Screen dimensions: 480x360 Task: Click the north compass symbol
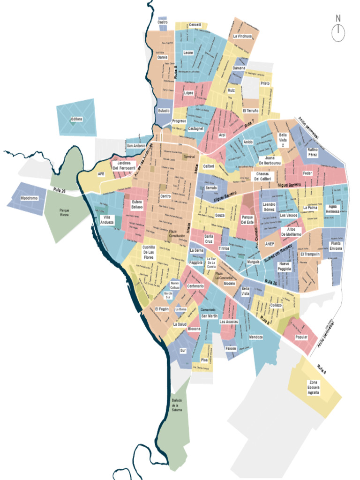click(x=338, y=32)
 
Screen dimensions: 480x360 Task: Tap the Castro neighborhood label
click(x=163, y=22)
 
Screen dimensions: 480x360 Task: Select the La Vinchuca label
click(x=242, y=36)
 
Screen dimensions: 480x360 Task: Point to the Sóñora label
click(x=76, y=119)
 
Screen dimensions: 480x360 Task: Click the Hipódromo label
click(x=29, y=198)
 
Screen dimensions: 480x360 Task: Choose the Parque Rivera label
click(x=64, y=213)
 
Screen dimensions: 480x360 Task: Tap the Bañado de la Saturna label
click(x=177, y=405)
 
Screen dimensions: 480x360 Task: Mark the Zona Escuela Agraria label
click(x=313, y=387)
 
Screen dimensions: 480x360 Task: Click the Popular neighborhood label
click(x=301, y=337)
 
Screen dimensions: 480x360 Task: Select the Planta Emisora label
click(x=336, y=246)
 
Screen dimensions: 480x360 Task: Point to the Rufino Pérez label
click(x=313, y=152)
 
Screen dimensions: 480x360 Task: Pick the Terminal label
click(x=189, y=157)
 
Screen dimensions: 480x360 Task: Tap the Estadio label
click(x=164, y=111)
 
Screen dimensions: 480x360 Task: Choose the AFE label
click(x=101, y=174)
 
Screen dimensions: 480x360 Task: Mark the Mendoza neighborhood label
click(x=256, y=337)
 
